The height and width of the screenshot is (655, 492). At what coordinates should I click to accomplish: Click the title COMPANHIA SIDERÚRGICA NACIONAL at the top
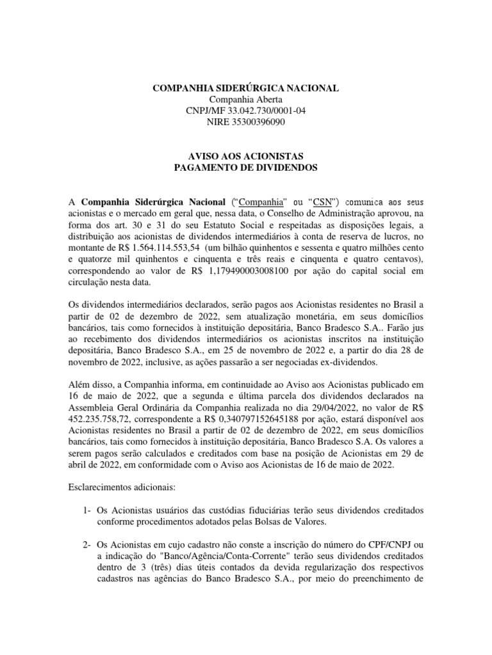pos(246,88)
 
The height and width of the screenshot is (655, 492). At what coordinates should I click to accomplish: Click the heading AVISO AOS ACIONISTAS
pos(246,157)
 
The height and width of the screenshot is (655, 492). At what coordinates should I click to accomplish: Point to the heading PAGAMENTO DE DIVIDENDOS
pos(246,168)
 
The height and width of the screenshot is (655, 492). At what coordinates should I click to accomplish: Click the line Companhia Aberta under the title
pos(246,100)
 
